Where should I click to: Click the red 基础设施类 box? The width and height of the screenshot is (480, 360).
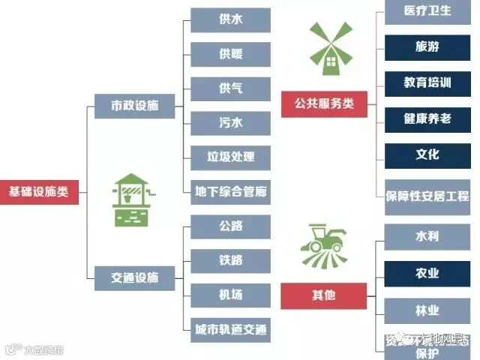pyautogui.click(x=38, y=191)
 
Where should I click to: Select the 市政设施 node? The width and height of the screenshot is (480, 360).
pyautogui.click(x=135, y=105)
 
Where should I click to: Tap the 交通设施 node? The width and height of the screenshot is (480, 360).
pyautogui.click(x=135, y=277)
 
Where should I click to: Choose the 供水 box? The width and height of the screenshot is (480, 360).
pyautogui.click(x=230, y=19)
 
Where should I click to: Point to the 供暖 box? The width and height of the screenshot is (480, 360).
pyautogui.click(x=230, y=54)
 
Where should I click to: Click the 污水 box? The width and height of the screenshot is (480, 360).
pyautogui.click(x=230, y=122)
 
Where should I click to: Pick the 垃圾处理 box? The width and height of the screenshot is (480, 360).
pyautogui.click(x=230, y=157)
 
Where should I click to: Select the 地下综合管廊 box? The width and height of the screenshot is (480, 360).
pyautogui.click(x=230, y=190)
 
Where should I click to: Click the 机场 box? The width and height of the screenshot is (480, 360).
pyautogui.click(x=230, y=294)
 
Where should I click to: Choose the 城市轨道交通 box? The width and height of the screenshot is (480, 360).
pyautogui.click(x=230, y=328)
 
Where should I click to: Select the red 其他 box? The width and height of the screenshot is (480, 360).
pyautogui.click(x=324, y=295)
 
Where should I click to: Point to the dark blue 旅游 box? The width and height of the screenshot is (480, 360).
pyautogui.click(x=427, y=46)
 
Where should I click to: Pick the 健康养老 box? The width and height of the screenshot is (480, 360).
pyautogui.click(x=427, y=118)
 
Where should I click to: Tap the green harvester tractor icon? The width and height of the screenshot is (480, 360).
pyautogui.click(x=324, y=246)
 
